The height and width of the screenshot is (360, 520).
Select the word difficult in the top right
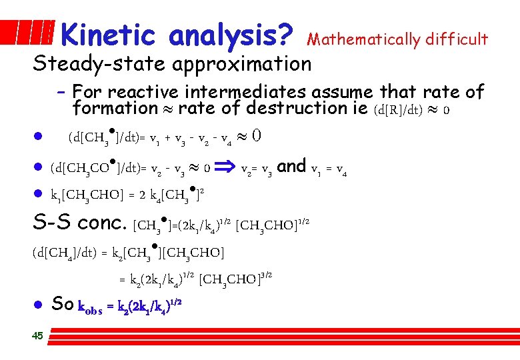click(454, 40)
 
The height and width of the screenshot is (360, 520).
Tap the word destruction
click(307, 108)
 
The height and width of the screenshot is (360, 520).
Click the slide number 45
click(37, 335)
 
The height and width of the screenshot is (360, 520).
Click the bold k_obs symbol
click(91, 307)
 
